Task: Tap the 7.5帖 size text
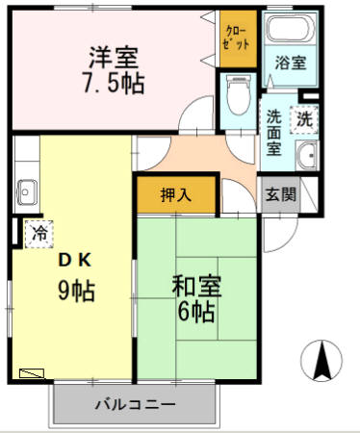point(113,84)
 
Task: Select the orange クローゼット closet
point(235,38)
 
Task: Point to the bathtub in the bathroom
point(287,32)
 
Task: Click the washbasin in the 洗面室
point(306,157)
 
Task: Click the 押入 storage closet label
point(175,193)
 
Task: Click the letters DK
point(72,259)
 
